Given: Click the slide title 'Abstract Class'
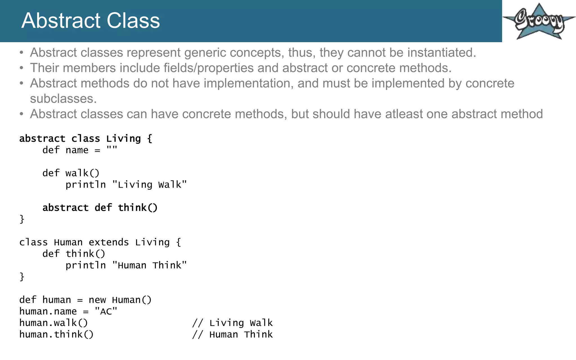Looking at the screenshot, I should pyautogui.click(x=91, y=21).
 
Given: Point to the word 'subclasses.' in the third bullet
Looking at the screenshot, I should pyautogui.click(x=63, y=99).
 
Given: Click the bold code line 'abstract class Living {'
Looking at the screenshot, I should pyautogui.click(x=86, y=139).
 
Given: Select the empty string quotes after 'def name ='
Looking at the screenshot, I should pyautogui.click(x=112, y=150).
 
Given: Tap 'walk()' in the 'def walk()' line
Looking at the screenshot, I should pyautogui.click(x=82, y=173).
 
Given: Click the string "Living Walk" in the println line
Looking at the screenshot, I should pyautogui.click(x=149, y=185).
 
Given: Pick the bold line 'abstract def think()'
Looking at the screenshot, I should pyautogui.click(x=100, y=208).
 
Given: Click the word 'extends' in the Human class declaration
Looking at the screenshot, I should pyautogui.click(x=109, y=242).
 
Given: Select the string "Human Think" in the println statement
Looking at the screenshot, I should pyautogui.click(x=149, y=265).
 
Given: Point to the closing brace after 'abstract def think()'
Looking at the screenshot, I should pyautogui.click(x=22, y=219).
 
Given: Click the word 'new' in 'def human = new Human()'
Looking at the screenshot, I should pyautogui.click(x=97, y=300).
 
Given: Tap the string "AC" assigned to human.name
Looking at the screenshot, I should pyautogui.click(x=106, y=312).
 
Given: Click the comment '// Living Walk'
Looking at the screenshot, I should pyautogui.click(x=232, y=323).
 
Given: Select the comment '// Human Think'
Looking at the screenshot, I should pyautogui.click(x=232, y=335).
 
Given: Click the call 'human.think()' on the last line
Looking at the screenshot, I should pyautogui.click(x=56, y=335).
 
